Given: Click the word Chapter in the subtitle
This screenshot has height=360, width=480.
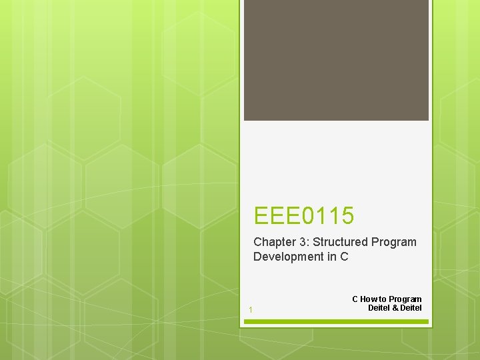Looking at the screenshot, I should pos(271,242).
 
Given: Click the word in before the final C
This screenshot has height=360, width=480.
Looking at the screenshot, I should pos(331,257).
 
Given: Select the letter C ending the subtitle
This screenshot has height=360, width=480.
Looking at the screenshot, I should pos(344,257).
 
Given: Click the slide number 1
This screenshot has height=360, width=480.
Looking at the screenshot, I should pos(250,310).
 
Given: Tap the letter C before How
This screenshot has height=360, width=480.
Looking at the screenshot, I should pos(355,299).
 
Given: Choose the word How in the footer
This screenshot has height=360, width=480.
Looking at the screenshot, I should pos(369,299).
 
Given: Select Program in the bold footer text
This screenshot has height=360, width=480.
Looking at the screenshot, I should pos(405,299).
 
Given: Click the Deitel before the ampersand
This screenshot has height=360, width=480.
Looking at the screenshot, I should pos(379,307).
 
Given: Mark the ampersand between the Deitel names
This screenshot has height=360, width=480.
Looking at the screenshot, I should pos(395,307).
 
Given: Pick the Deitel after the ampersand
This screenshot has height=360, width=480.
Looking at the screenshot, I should pos(411,307).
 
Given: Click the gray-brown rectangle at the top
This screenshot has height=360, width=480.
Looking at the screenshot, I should pos(336,60).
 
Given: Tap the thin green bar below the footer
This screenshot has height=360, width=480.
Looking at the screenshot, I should pos(336,321).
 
